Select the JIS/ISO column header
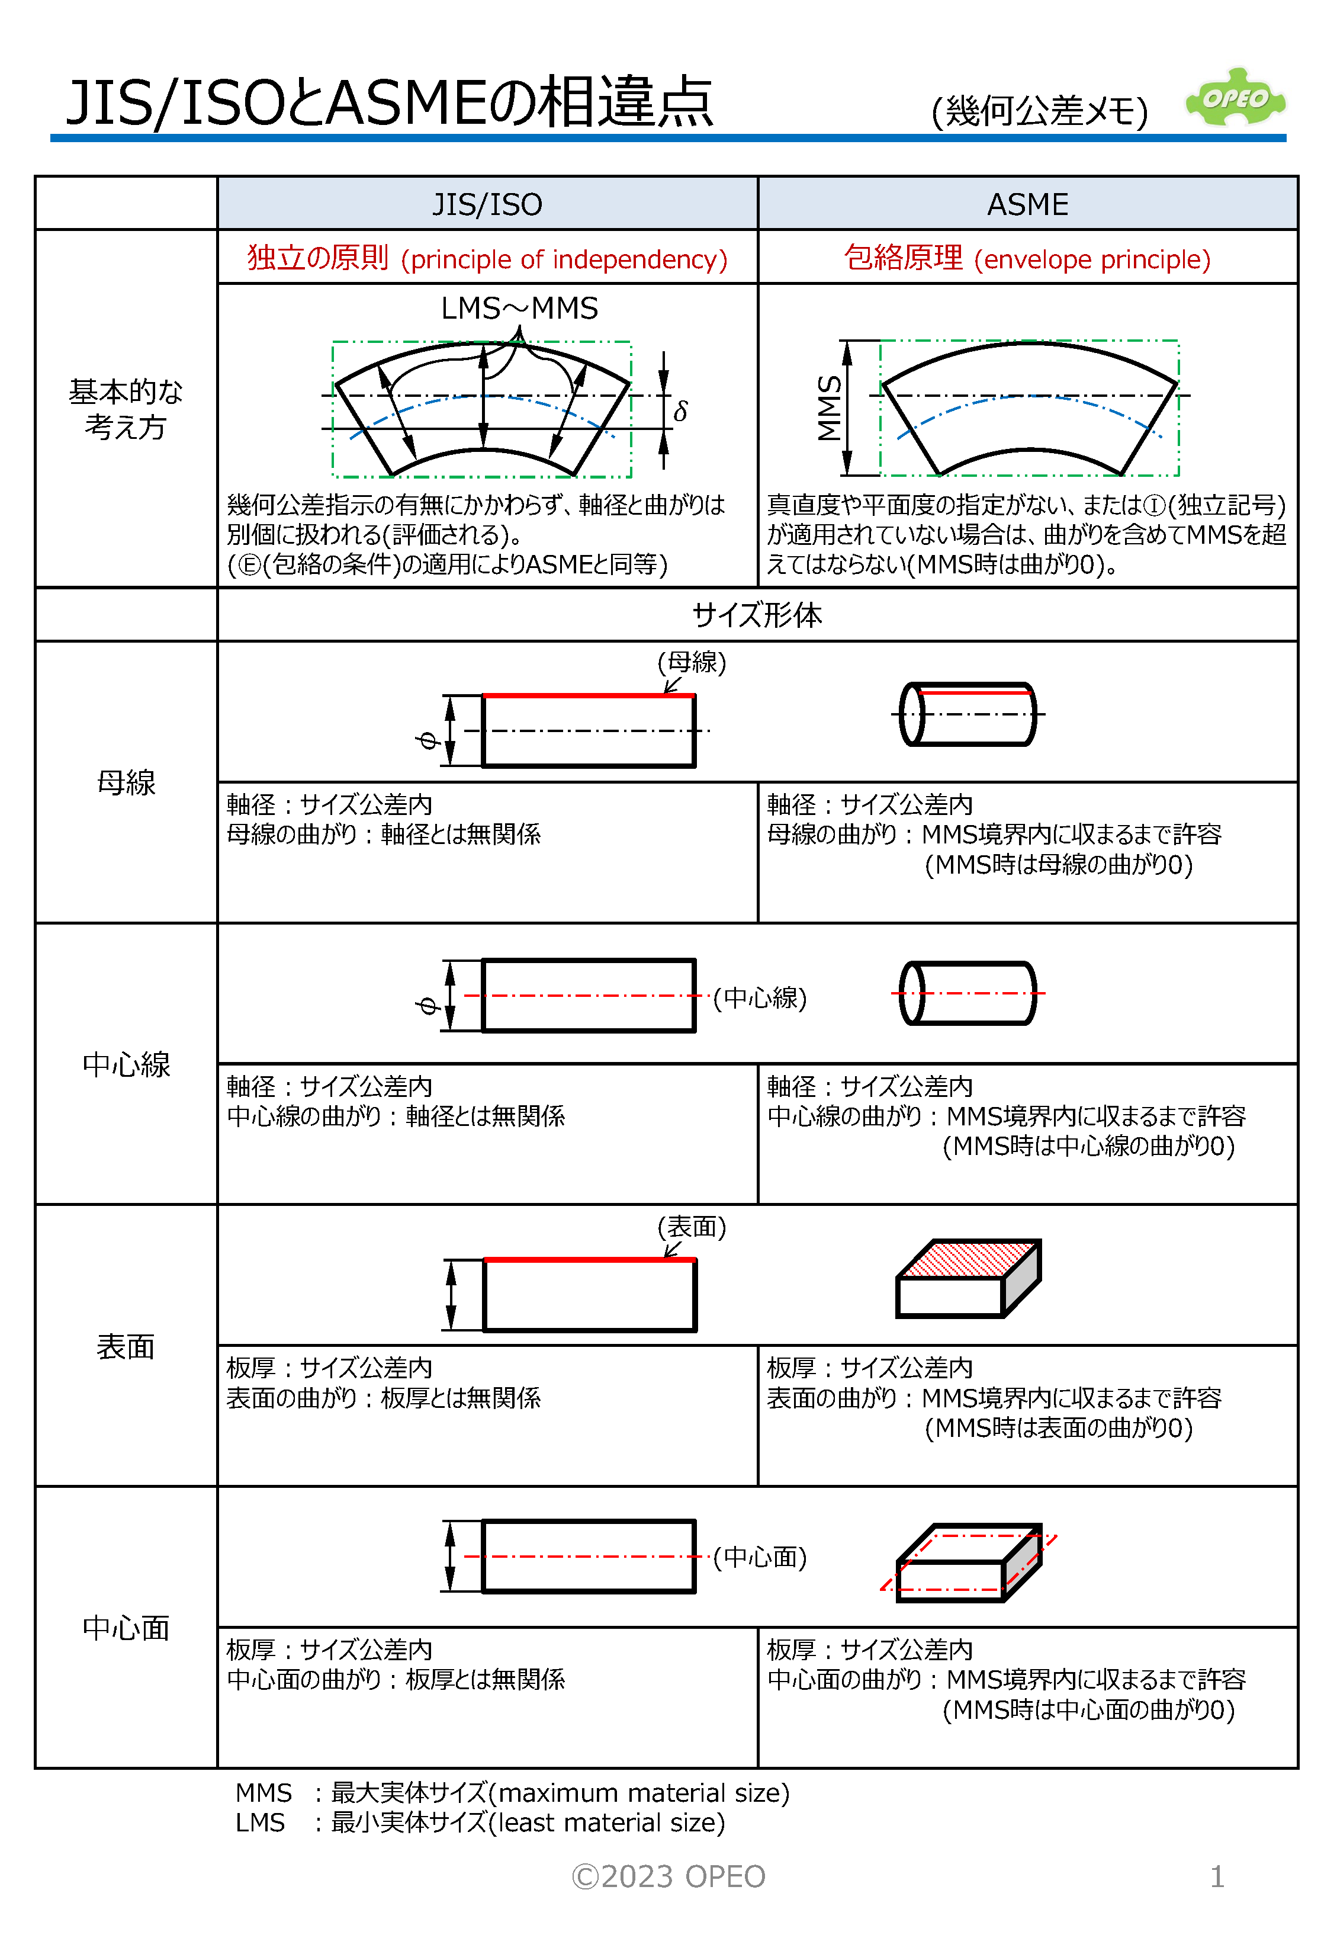[487, 204]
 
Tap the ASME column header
[1027, 204]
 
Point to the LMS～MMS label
[519, 309]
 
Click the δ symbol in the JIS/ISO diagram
[680, 412]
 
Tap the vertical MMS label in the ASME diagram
[830, 408]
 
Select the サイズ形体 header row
[757, 614]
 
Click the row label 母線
[126, 782]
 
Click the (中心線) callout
[759, 997]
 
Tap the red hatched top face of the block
[969, 1259]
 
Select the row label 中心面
[126, 1627]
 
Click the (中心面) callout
[759, 1557]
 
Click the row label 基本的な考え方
[126, 409]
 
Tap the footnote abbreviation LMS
[260, 1823]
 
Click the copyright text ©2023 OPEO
[668, 1876]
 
